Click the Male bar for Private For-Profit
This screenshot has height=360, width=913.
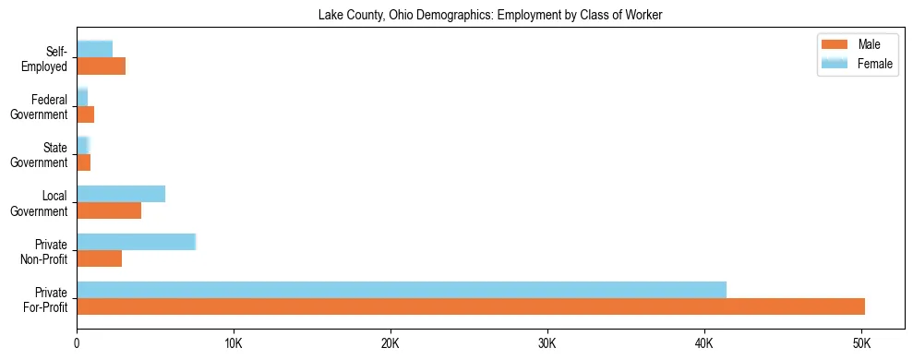coord(471,306)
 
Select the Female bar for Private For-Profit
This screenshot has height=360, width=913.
coord(402,290)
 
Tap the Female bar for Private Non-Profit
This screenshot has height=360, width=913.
coord(136,242)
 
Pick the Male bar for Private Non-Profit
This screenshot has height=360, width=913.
coord(99,258)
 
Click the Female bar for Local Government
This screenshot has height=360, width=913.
coord(121,194)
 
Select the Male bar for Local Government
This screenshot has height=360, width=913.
coord(109,210)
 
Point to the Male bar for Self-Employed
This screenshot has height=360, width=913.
coord(101,66)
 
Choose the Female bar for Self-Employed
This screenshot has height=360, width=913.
coord(94,50)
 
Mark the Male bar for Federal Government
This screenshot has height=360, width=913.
coord(85,114)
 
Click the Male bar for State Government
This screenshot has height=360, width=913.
coord(83,162)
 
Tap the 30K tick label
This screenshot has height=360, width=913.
coord(547,343)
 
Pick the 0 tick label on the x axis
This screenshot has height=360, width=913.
coord(77,343)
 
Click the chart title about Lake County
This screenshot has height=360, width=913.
coord(490,15)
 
